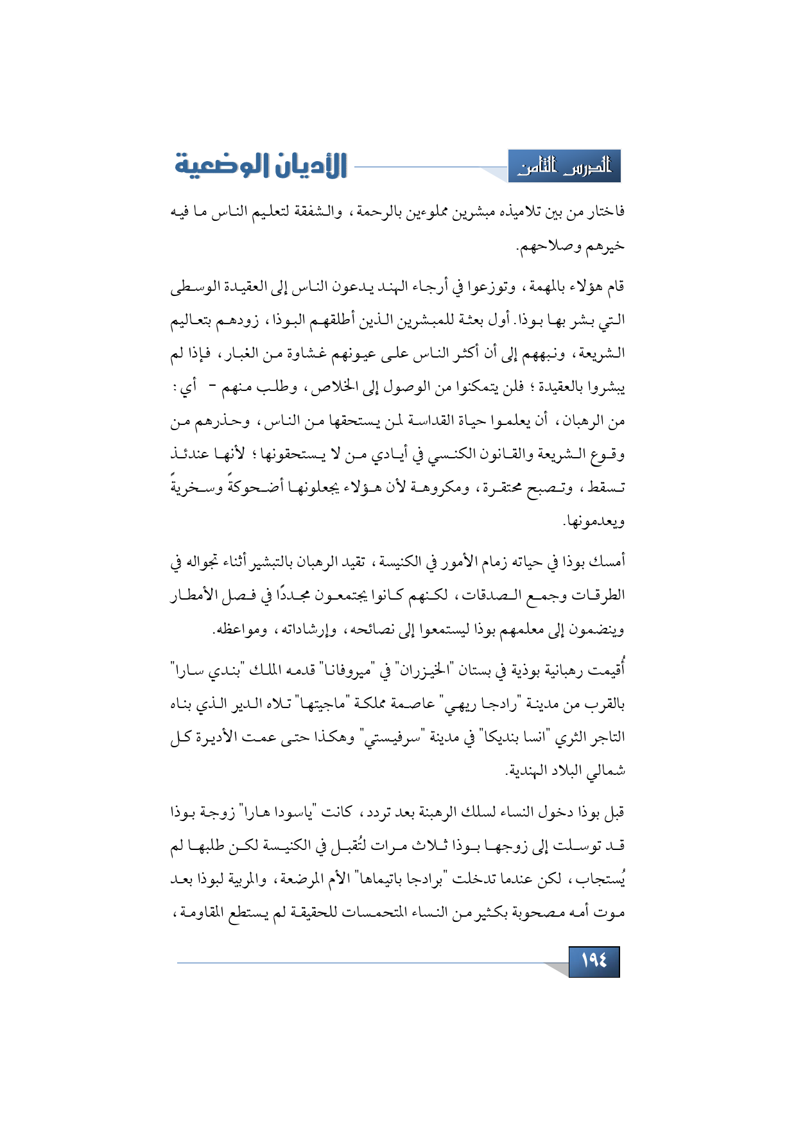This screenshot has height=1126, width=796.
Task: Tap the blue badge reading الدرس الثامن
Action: click(565, 167)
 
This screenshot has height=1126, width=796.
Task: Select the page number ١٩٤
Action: click(594, 961)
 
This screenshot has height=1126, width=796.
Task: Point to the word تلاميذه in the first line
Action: click(524, 212)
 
